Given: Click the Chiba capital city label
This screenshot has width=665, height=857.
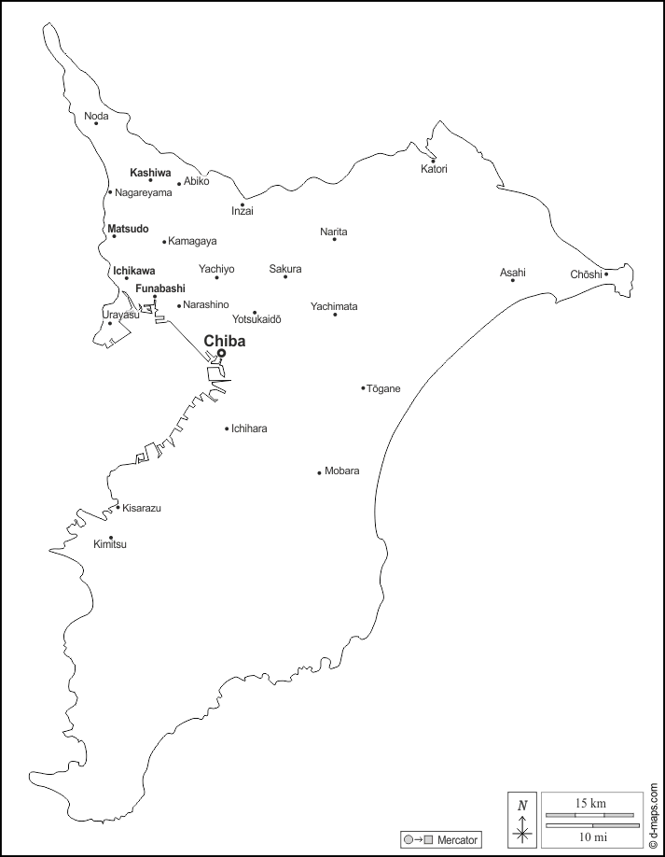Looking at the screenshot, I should (225, 342).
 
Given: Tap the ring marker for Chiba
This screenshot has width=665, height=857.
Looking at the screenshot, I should (221, 353).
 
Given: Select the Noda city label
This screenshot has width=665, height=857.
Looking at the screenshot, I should (96, 116).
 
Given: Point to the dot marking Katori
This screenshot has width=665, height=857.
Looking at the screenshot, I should (433, 161).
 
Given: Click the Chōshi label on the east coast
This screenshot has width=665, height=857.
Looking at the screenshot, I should (586, 274).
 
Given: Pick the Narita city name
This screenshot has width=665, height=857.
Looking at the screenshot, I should (334, 231).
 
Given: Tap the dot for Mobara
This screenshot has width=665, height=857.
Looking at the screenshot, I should (319, 472).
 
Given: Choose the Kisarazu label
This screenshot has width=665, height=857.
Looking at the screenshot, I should (142, 508).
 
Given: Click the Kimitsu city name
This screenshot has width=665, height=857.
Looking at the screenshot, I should (110, 544).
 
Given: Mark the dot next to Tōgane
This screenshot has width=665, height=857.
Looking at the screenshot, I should (363, 388).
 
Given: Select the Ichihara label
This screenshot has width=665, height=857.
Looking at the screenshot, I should (249, 428).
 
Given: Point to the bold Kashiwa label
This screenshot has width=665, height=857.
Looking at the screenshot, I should (150, 173).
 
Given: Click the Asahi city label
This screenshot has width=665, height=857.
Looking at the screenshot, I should (512, 273).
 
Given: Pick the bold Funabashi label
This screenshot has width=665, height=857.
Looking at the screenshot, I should (160, 288).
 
